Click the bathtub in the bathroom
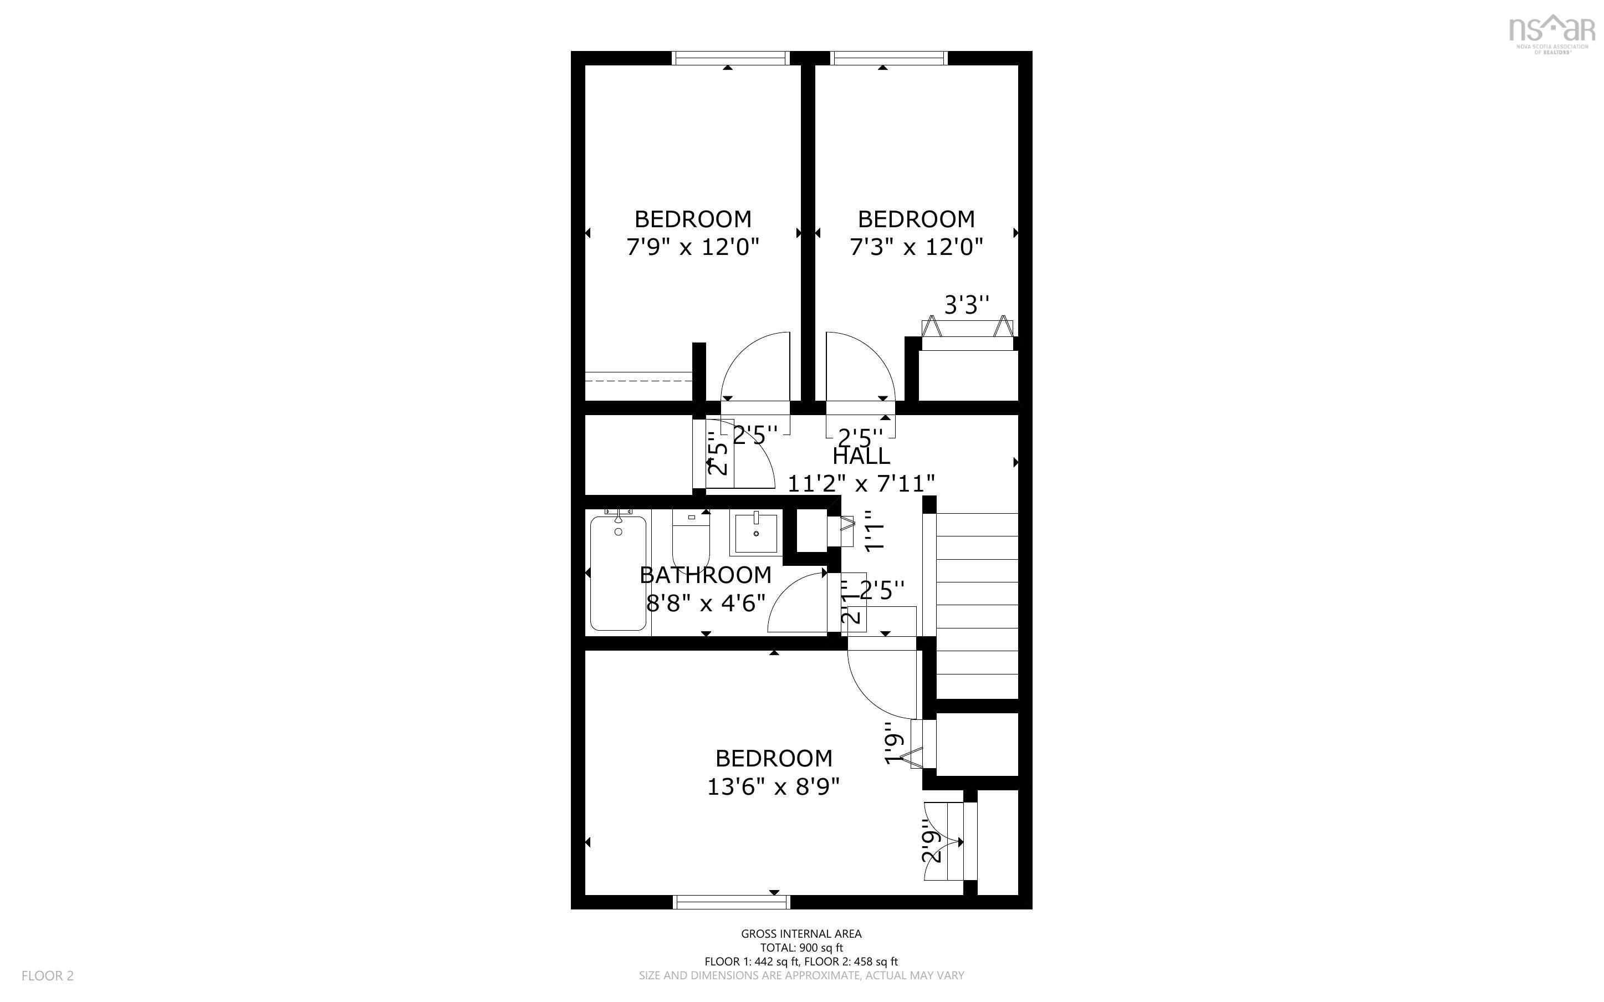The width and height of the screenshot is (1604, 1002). tap(618, 573)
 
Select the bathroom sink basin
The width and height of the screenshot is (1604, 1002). tap(755, 533)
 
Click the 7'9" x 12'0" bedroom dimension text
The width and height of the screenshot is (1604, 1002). tap(692, 247)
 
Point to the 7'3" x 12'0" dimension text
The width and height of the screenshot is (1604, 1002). tap(916, 247)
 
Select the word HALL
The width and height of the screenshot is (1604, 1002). tap(861, 457)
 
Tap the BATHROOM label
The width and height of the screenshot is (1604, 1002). tap(706, 575)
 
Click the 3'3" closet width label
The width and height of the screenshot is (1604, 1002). tap(966, 305)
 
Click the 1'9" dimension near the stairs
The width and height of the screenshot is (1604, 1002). tap(895, 749)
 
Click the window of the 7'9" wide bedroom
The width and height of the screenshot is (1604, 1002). tap(731, 58)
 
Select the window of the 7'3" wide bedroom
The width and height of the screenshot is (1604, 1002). tap(888, 58)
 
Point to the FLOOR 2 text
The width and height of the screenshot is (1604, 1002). tap(48, 975)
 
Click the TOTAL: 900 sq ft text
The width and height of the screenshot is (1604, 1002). tap(801, 948)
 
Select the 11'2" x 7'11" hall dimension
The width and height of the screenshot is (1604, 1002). tap(861, 484)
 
